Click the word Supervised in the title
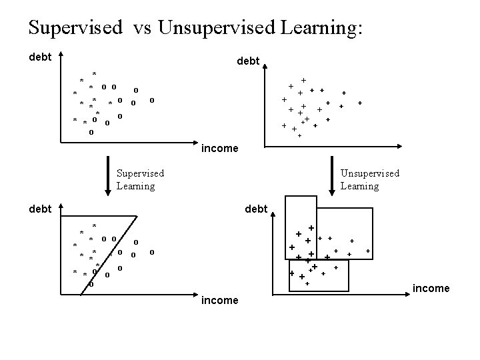click(x=75, y=27)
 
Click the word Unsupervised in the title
click(x=213, y=27)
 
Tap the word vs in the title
click(x=143, y=27)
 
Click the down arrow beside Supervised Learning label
click(x=108, y=177)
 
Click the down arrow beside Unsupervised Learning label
click(x=331, y=177)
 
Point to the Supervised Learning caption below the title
click(x=140, y=179)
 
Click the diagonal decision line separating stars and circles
click(x=113, y=254)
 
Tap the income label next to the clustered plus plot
click(x=431, y=288)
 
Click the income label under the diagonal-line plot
click(x=219, y=301)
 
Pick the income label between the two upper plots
click(x=219, y=148)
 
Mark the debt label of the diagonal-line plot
click(x=41, y=209)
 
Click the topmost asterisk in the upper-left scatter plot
click(x=95, y=74)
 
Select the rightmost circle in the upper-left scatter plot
click(x=152, y=101)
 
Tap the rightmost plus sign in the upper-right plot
click(x=360, y=103)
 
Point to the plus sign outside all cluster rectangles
click(x=368, y=251)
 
